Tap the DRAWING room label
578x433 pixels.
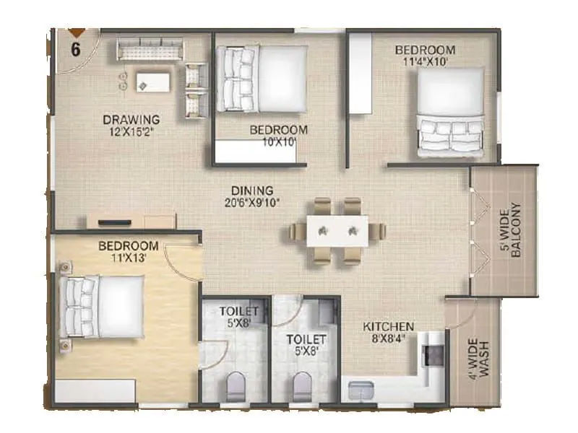131,119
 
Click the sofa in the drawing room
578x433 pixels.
150,51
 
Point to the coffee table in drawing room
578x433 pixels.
152,82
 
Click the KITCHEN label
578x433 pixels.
388,326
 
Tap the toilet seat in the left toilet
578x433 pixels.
236,387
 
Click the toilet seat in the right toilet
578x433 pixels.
303,387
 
